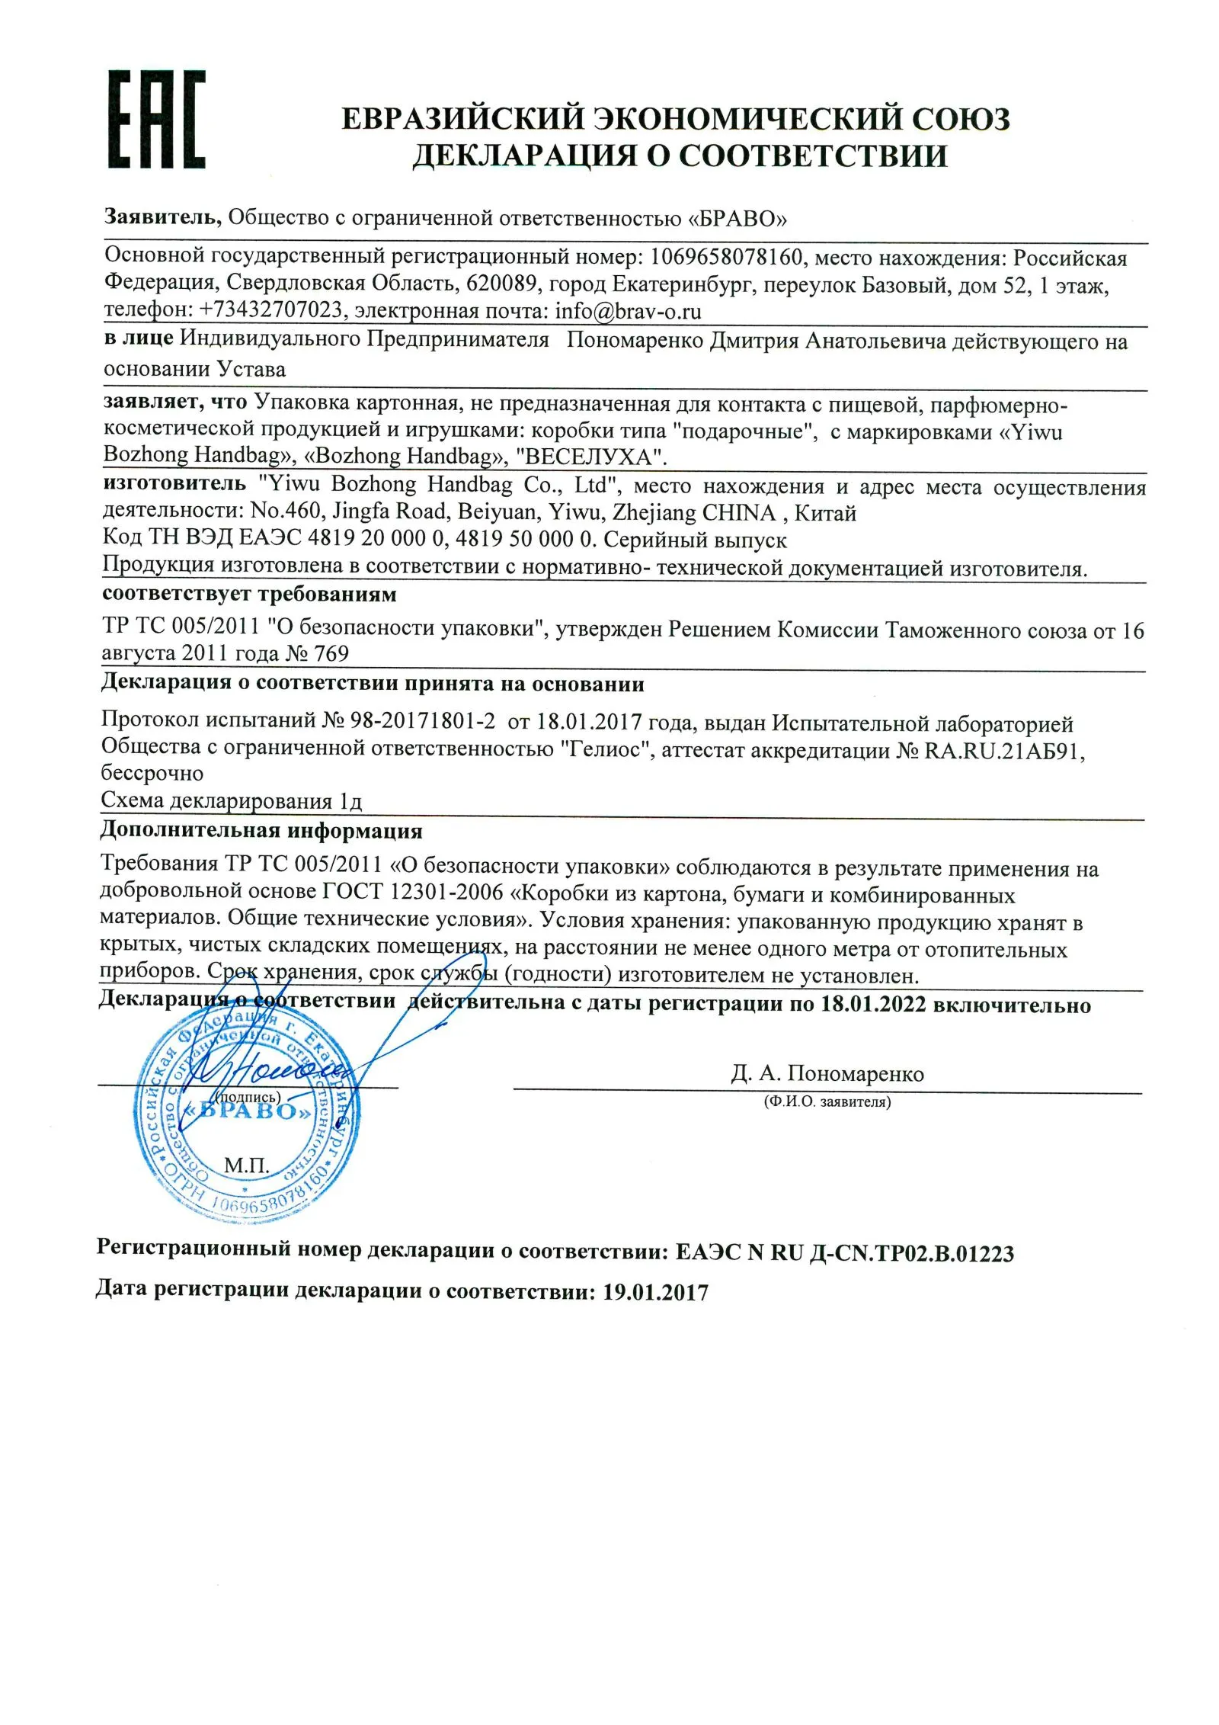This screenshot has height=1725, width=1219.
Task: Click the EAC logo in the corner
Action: (156, 119)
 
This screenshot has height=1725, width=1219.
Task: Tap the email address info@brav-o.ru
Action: (628, 311)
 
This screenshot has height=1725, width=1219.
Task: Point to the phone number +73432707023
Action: (270, 310)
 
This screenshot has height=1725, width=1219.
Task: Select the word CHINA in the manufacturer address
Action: (738, 512)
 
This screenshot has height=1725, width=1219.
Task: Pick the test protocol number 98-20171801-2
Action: (422, 720)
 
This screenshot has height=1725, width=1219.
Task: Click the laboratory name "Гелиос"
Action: (609, 749)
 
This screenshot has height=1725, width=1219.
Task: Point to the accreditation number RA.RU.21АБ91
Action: (1003, 751)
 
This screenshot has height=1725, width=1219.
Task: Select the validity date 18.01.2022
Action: (872, 1005)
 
